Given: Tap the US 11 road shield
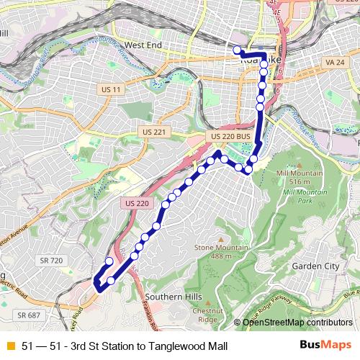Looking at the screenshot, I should [x=110, y=89].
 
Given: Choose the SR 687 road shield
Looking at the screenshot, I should [x=28, y=315].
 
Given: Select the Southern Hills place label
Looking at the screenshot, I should [x=172, y=297].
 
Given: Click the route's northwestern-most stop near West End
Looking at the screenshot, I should [x=237, y=50].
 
